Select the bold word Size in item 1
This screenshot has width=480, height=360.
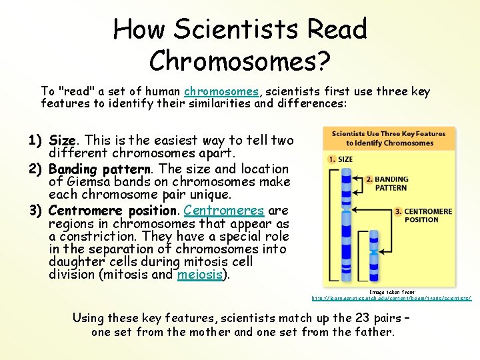coord(63,141)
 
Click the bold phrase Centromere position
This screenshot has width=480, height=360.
coord(113,211)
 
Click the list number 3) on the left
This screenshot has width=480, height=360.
coord(36,211)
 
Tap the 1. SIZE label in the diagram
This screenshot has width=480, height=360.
coord(340,160)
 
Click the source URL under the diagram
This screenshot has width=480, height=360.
coord(392,298)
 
